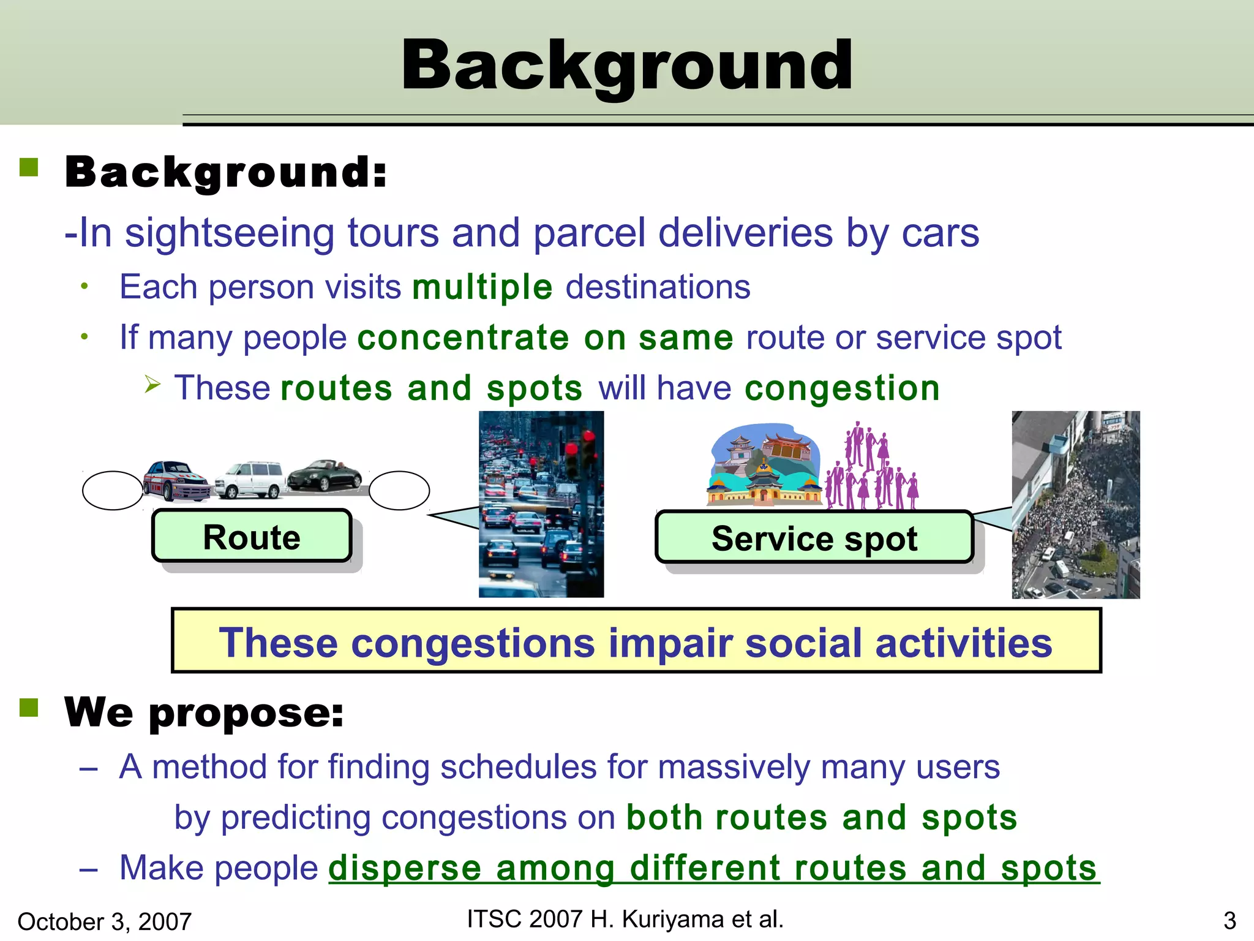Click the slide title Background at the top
(x=626, y=65)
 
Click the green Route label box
(x=252, y=537)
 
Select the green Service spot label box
(x=814, y=538)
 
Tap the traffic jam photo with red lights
(x=541, y=504)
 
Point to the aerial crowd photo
(x=1075, y=505)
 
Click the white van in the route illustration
(x=250, y=479)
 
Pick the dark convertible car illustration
(x=325, y=475)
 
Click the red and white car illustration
(x=175, y=481)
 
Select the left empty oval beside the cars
(x=113, y=490)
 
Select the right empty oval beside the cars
(x=399, y=490)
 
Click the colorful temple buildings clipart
(x=764, y=466)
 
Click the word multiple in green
(x=482, y=287)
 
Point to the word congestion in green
(x=842, y=388)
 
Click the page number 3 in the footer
(x=1230, y=921)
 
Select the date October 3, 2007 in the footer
(x=104, y=921)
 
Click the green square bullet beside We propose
(x=29, y=708)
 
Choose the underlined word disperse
(x=405, y=868)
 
